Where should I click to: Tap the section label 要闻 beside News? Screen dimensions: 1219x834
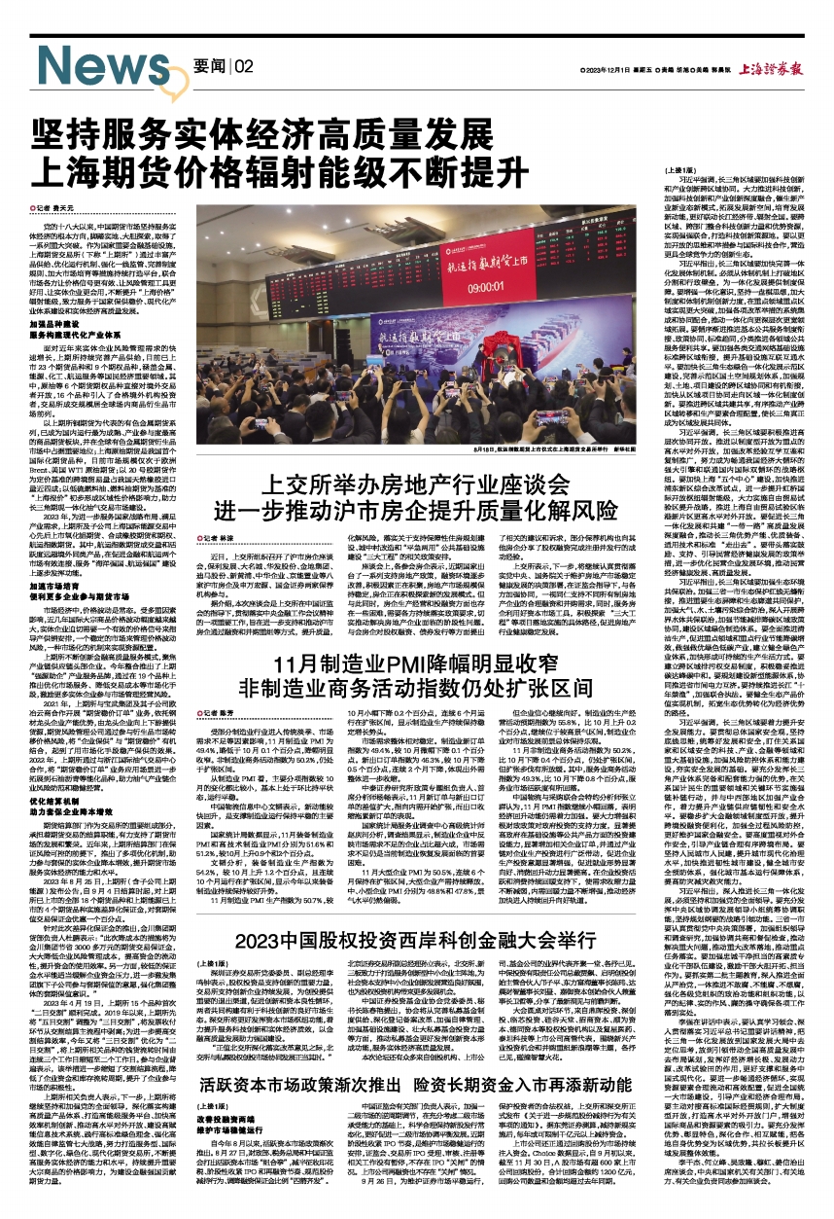(209, 66)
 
